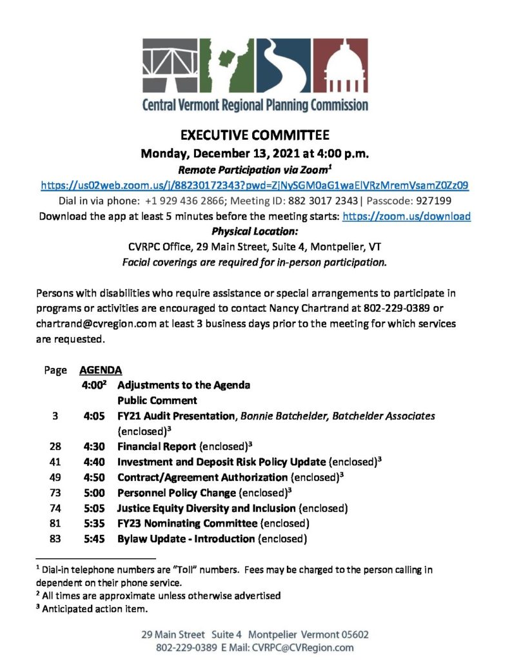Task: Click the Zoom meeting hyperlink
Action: tap(255, 185)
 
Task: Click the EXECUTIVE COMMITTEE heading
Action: tap(255, 135)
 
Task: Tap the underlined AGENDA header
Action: tap(101, 371)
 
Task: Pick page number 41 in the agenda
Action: tap(54, 461)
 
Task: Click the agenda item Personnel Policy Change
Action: tap(168, 492)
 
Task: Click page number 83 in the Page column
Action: tap(54, 539)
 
